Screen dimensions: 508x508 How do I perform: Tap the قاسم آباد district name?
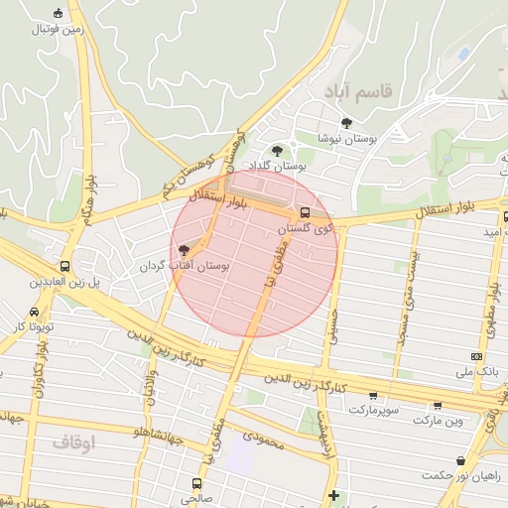click(x=358, y=92)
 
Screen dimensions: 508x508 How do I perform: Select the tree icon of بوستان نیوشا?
click(x=346, y=123)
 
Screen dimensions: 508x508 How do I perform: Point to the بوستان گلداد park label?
click(x=273, y=165)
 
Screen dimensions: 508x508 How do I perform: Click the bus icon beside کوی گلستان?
click(x=304, y=213)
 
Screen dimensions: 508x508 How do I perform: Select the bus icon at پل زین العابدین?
click(x=64, y=266)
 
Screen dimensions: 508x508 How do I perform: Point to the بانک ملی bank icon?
click(x=477, y=356)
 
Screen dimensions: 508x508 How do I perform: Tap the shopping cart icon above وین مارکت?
click(x=438, y=405)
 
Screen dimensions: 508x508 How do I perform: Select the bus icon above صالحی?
click(x=195, y=483)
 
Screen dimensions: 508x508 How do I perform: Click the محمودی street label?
click(x=262, y=440)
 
